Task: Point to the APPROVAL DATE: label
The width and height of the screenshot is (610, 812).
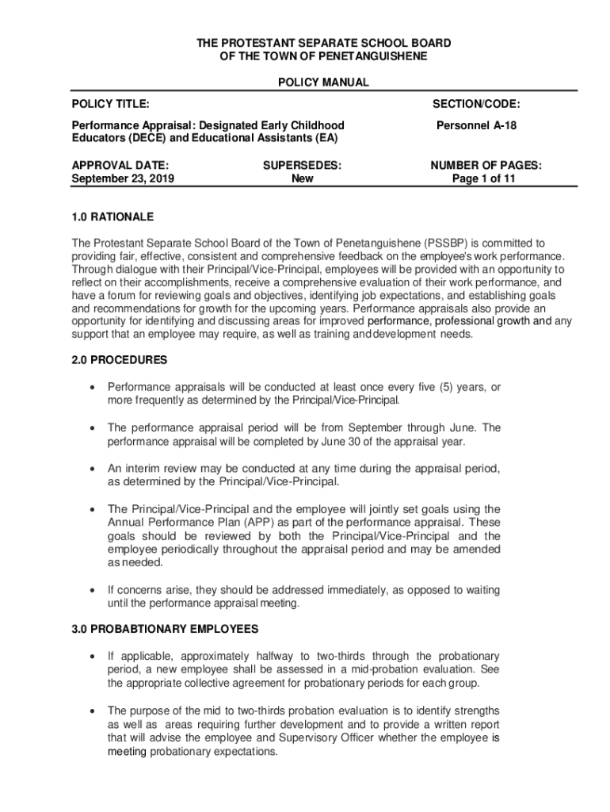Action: [x=120, y=165]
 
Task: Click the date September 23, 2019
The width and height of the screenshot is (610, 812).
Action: [x=123, y=178]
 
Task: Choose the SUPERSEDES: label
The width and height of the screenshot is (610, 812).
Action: [x=302, y=165]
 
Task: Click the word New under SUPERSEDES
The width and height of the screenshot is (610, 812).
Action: [x=302, y=178]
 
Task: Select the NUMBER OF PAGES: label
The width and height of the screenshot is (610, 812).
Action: [x=486, y=165]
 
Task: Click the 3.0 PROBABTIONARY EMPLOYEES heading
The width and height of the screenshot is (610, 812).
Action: [x=165, y=629]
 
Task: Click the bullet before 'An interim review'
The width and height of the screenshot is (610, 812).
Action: [x=94, y=469]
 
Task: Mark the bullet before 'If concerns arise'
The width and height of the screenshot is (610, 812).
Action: [x=94, y=590]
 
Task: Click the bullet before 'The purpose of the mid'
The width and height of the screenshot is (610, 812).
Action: [x=94, y=710]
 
